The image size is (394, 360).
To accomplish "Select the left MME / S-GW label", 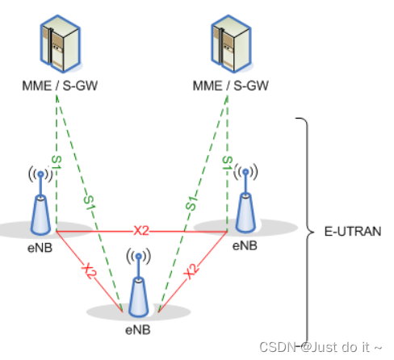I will tap(57, 84).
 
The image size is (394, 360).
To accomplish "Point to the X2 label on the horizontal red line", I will tap(142, 230).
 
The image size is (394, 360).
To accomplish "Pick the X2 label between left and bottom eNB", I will tap(89, 270).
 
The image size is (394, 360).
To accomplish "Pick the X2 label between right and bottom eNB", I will tap(192, 271).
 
